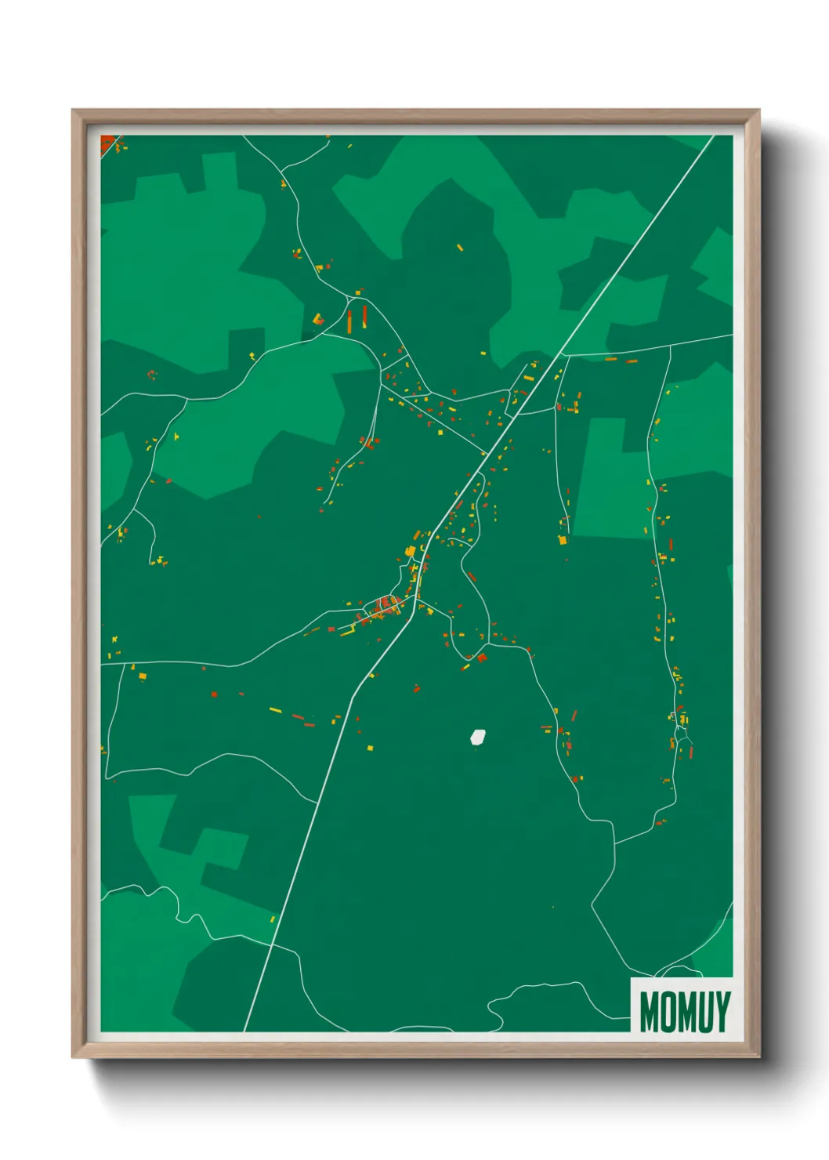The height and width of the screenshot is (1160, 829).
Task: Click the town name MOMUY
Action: click(684, 1011)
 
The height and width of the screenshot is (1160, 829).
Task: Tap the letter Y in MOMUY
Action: click(722, 1011)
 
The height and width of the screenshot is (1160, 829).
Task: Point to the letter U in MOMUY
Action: click(703, 1011)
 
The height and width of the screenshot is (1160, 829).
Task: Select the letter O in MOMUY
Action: click(665, 1011)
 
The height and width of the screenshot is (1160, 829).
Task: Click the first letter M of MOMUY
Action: click(649, 1011)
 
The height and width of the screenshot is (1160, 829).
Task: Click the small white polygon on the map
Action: click(477, 737)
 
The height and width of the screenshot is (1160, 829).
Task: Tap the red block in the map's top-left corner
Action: click(107, 143)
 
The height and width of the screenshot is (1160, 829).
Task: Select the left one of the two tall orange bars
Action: click(350, 320)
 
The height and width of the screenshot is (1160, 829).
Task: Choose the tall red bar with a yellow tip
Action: click(364, 317)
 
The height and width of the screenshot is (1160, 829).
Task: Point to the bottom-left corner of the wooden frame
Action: click(74, 1057)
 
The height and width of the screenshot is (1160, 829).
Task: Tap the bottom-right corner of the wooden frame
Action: click(758, 1057)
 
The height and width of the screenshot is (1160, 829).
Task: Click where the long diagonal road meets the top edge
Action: click(713, 136)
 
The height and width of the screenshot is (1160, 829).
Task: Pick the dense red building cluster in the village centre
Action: click(386, 604)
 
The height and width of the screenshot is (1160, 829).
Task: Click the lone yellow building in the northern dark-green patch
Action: click(460, 247)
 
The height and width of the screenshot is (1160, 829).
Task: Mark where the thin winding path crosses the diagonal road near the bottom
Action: click(271, 945)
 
